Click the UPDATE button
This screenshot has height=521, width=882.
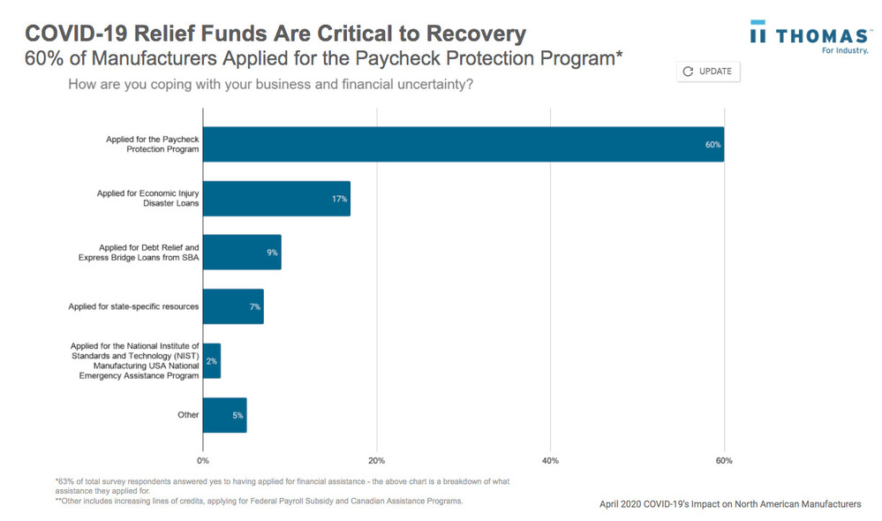(708, 72)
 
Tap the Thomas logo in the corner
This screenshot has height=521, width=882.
(809, 38)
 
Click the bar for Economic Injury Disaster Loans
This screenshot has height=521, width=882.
(275, 199)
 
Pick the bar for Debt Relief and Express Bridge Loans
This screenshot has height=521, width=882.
(241, 253)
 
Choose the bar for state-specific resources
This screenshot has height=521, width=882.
(232, 306)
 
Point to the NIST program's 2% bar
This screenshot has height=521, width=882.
(211, 361)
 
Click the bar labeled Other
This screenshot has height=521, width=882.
(224, 415)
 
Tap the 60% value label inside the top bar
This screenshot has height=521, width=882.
(712, 145)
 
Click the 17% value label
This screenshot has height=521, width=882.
(339, 199)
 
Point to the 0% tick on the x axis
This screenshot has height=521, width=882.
(203, 461)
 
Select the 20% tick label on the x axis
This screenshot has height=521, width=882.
(376, 461)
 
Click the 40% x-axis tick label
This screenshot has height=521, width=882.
(550, 461)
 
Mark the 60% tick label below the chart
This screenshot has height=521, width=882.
(724, 461)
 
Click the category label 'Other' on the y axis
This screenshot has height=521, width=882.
(188, 415)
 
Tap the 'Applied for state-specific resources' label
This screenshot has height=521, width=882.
(133, 306)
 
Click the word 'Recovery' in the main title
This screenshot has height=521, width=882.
(476, 34)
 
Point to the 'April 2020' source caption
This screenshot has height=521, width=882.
(729, 504)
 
